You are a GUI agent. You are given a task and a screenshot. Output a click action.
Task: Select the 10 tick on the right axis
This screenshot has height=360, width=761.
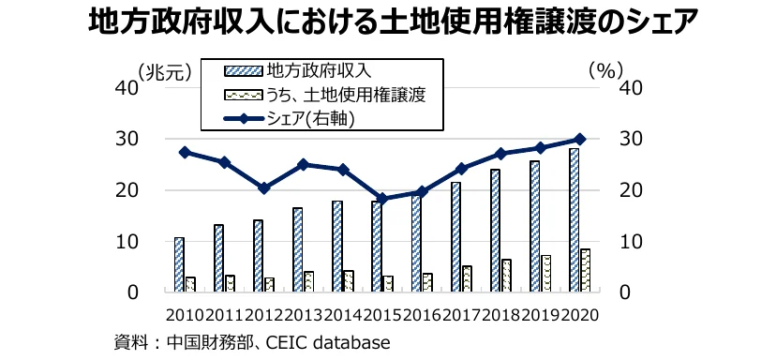(x=633, y=241)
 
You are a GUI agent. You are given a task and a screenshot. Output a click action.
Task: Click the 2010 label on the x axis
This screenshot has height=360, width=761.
(x=184, y=315)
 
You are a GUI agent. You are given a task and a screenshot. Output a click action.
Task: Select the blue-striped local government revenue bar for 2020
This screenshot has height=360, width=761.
(x=574, y=220)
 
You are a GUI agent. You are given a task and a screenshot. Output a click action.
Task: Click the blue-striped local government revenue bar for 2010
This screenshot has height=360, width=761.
(x=179, y=264)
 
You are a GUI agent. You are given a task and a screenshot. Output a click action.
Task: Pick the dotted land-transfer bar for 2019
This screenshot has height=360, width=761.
(x=545, y=273)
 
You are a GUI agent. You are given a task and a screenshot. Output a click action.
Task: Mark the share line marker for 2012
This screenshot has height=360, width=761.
(x=264, y=188)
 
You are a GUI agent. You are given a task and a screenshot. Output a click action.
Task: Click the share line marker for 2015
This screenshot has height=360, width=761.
(x=382, y=199)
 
